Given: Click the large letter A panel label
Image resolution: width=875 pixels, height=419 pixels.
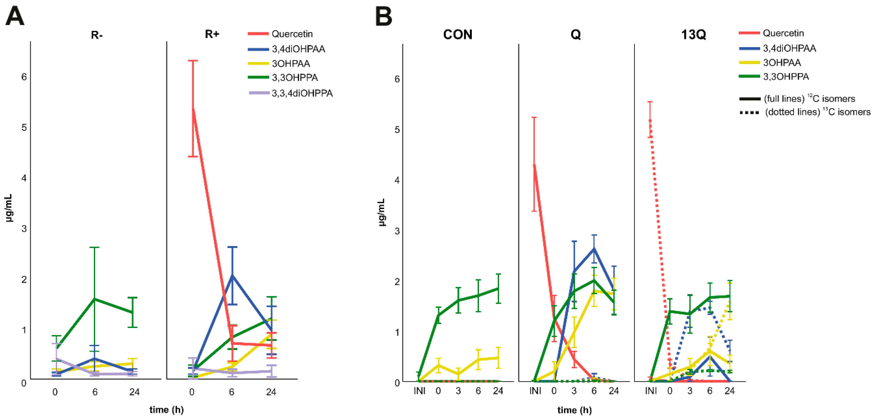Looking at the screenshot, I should (15, 17).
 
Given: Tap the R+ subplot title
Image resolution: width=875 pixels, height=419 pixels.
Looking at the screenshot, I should (212, 34).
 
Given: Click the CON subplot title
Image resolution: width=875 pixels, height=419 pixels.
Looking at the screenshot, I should (458, 35).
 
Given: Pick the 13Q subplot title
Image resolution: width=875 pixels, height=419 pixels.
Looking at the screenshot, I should (694, 35).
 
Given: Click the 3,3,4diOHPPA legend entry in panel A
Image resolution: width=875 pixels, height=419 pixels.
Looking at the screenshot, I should (302, 93).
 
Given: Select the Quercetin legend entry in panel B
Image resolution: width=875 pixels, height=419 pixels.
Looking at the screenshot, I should (783, 33).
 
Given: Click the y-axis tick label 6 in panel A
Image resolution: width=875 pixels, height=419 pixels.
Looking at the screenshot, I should (24, 77).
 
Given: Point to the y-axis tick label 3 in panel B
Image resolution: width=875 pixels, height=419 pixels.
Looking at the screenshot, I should (397, 231).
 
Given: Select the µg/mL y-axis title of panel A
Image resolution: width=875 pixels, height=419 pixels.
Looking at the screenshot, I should (9, 208).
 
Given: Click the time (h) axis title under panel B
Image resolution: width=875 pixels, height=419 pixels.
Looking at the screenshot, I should (574, 410).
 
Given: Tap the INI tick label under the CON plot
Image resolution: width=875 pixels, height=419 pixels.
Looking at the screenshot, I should (419, 391).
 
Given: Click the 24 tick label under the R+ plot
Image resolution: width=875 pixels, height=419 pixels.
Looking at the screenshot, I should (271, 392).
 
